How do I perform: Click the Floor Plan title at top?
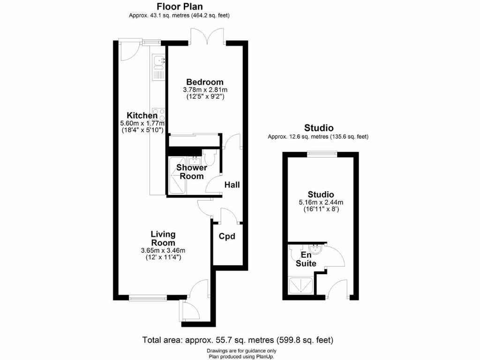tap(179, 6)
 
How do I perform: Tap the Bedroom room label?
tap(204, 82)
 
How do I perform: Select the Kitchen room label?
tap(142, 116)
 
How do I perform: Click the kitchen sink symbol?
tap(158, 61)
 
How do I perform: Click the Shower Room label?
tap(191, 172)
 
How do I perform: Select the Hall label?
tap(232, 185)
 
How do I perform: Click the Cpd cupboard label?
tap(227, 236)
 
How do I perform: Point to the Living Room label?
tap(163, 238)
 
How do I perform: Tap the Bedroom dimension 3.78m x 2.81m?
tap(205, 90)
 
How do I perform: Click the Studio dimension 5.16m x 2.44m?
tap(321, 202)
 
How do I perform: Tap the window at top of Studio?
tap(322, 153)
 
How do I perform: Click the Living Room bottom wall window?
tap(147, 297)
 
